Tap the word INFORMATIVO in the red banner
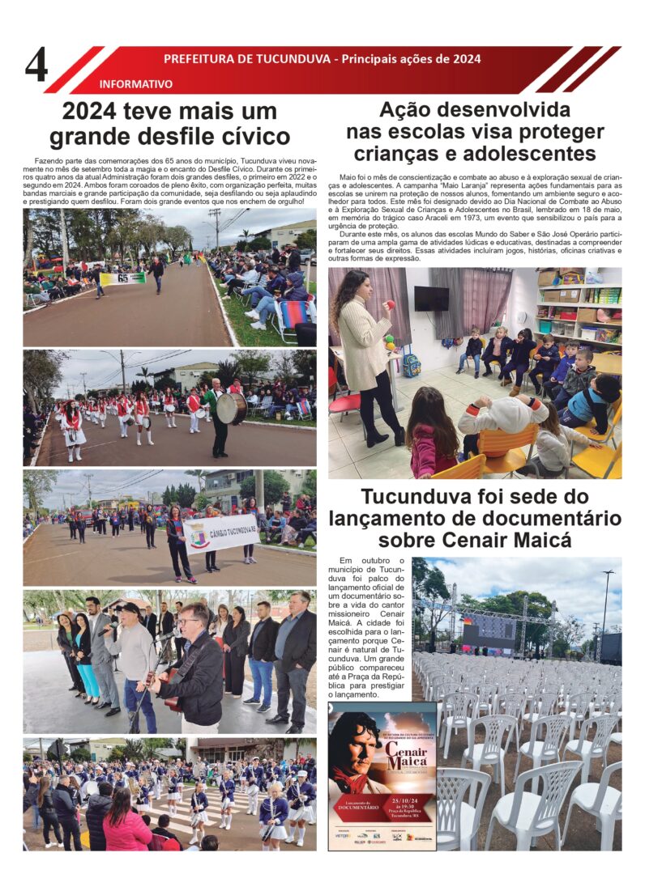pyautogui.click(x=135, y=83)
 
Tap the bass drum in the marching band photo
pyautogui.click(x=231, y=407)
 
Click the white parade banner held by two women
pyautogui.click(x=220, y=533)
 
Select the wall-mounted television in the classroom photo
pyautogui.click(x=431, y=299)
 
